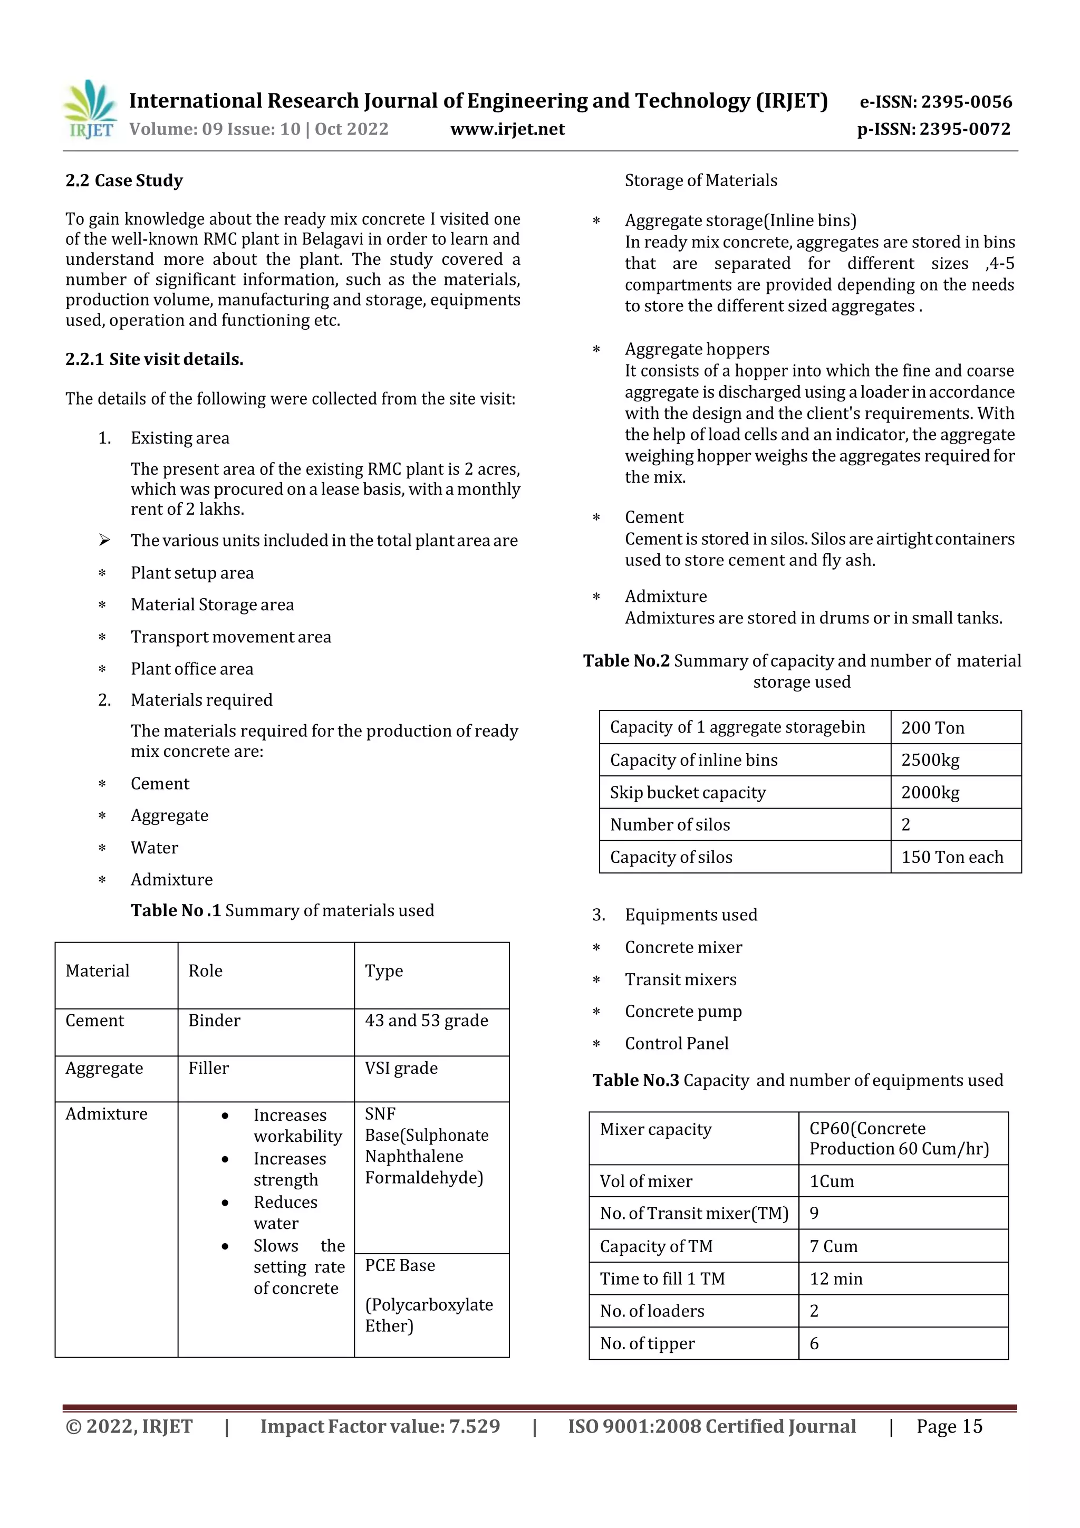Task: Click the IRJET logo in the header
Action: [89, 110]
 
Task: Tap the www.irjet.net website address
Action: [507, 129]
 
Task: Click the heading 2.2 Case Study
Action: [124, 180]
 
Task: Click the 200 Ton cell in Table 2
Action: [932, 727]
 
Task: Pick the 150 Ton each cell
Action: [951, 857]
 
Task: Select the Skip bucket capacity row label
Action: [688, 793]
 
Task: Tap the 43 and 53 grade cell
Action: [426, 1020]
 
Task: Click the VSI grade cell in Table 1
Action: [401, 1068]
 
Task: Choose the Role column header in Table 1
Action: [205, 971]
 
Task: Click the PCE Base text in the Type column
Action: [399, 1265]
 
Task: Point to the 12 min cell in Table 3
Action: [835, 1279]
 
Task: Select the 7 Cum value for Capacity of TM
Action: [833, 1246]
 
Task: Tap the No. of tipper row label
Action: [647, 1343]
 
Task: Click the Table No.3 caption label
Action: [635, 1080]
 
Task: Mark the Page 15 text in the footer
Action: [949, 1426]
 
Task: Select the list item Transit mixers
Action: [680, 979]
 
